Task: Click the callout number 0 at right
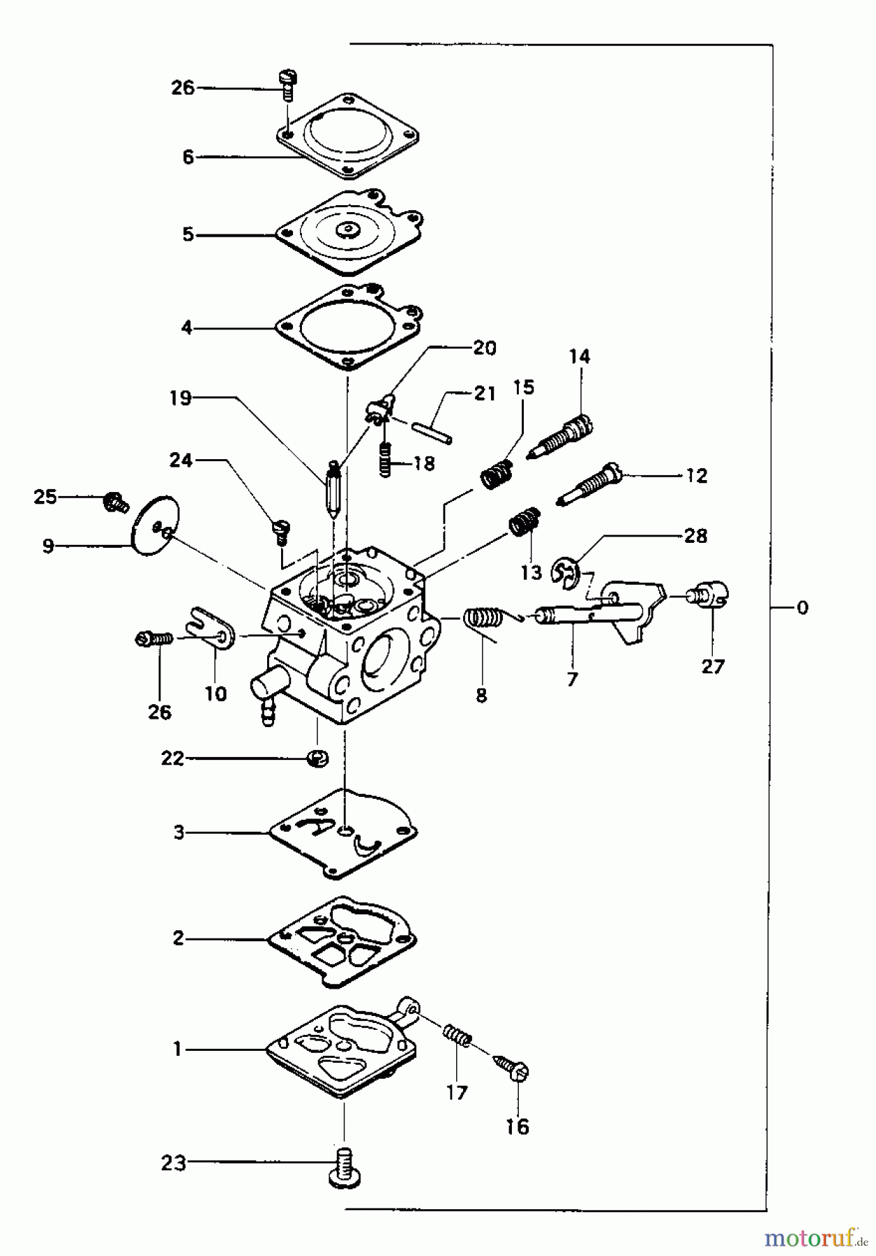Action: pos(802,608)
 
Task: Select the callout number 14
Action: pos(579,357)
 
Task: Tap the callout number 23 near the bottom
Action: pos(174,1162)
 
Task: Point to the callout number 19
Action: pos(181,398)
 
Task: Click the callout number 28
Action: pos(695,535)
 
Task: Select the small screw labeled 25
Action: pos(114,500)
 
